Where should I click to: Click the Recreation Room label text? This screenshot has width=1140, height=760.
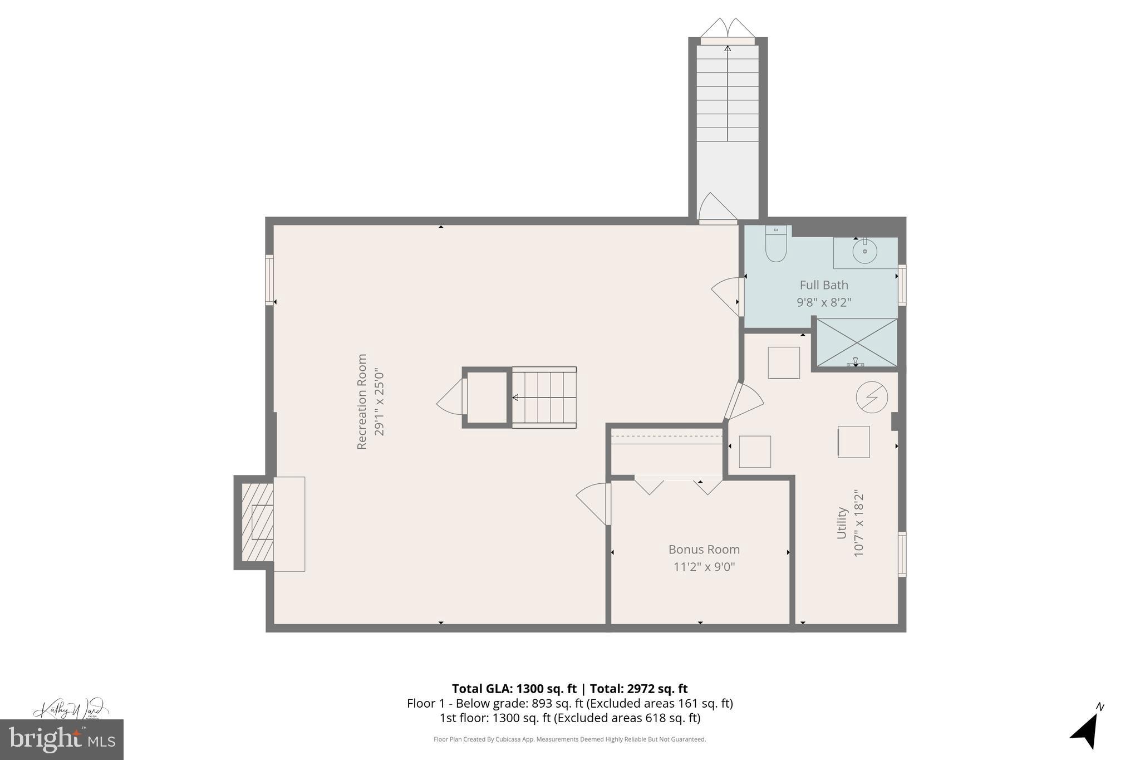[362, 401]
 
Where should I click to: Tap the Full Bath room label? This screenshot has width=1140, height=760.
[824, 285]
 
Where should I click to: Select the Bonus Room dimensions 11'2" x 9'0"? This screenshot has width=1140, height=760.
[704, 567]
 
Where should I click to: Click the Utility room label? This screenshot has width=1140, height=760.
[842, 523]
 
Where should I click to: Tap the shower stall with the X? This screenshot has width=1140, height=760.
[856, 342]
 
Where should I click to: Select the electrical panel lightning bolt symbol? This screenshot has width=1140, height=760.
[872, 397]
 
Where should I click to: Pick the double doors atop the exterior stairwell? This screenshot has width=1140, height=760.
[728, 28]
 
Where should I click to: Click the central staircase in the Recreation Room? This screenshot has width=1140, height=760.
[543, 397]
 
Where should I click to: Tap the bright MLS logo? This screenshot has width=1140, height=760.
[62, 739]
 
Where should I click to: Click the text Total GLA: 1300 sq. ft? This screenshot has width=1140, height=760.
[514, 689]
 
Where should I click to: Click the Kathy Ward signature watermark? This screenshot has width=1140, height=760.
[69, 709]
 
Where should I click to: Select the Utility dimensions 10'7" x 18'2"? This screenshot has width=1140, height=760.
[858, 523]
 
